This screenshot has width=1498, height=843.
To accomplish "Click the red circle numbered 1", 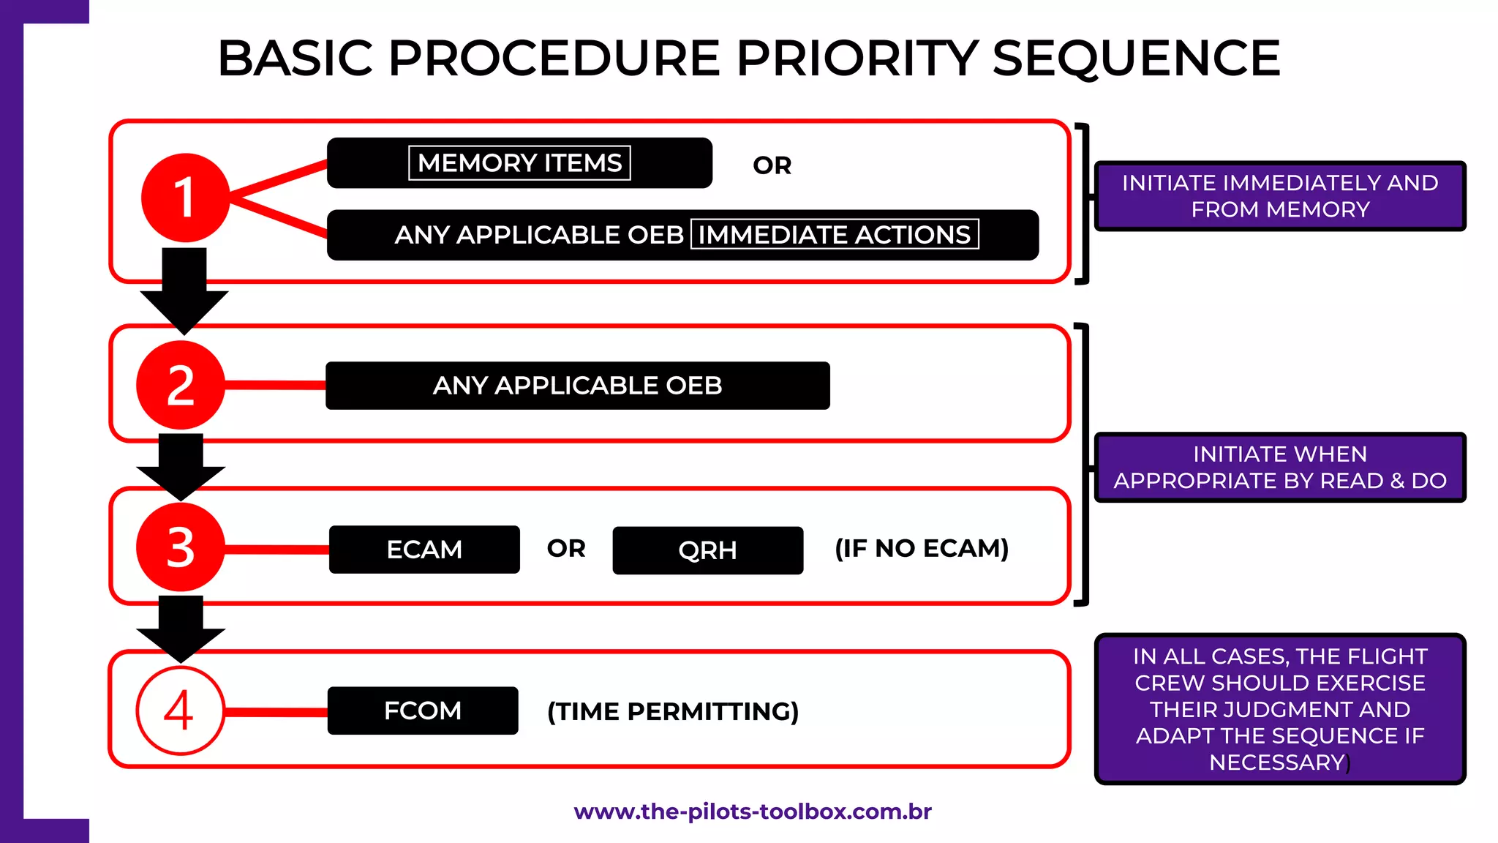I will pos(185,198).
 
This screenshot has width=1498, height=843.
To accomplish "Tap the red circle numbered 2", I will pos(180,385).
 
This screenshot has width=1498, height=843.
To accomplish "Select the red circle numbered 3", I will pos(180,547).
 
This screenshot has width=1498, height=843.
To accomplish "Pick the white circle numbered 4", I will pos(180,711).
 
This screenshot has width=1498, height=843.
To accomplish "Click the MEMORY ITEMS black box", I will pos(519,162).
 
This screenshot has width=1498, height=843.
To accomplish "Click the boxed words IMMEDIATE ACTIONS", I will pos(834,235).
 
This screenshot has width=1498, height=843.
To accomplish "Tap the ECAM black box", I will pos(424,550).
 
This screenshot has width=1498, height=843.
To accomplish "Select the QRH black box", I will pos(707,550).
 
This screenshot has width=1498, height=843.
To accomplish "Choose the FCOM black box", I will pos(423,711).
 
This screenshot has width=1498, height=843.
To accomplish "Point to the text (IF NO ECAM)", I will pos(922,548).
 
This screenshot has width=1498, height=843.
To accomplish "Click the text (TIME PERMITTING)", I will pos(673,711).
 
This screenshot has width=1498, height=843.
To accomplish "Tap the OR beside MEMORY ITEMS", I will pos(772,165).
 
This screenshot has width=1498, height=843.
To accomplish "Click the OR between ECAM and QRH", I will pos(566,548).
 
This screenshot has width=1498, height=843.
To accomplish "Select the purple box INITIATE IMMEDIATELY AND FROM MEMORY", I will pos(1280,196).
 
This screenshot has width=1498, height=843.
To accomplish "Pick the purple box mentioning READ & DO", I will pos(1280,468).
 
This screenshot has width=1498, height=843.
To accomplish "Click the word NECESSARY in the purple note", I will pos(1276,763).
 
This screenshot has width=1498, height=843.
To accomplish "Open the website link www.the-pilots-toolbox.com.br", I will pos(753,812).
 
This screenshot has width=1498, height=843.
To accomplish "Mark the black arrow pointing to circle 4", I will pos(181,629).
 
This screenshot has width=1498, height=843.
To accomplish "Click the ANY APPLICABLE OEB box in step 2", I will pos(577,386).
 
